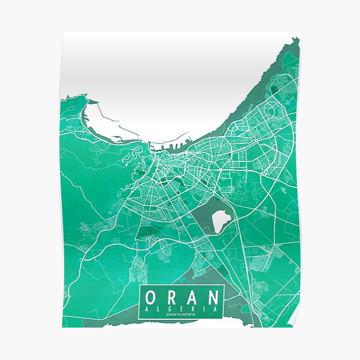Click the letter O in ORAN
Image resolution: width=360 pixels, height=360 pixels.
152,297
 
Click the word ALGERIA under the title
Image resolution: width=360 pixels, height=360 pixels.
182,309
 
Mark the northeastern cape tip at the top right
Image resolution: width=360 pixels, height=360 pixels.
295,41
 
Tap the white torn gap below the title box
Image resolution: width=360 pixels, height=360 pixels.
180,325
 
